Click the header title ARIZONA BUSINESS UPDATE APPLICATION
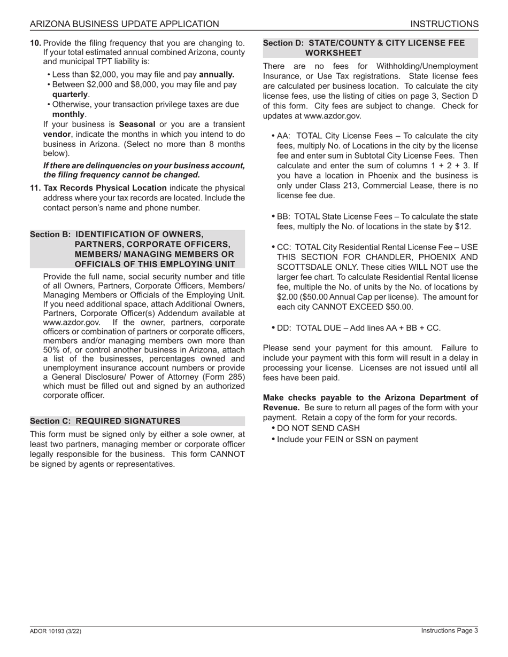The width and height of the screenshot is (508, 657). (x=124, y=24)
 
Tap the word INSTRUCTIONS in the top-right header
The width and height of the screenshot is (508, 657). (x=444, y=24)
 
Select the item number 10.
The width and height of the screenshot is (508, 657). (x=35, y=43)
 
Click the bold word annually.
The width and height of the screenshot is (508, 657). (x=217, y=74)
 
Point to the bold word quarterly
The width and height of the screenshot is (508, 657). (x=70, y=94)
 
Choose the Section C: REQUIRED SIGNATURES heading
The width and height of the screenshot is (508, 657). (x=105, y=421)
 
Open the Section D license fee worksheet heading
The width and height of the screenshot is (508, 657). (x=364, y=48)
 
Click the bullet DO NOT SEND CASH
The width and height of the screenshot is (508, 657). (x=318, y=428)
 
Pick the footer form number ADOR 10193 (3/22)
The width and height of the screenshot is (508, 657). (x=56, y=631)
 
